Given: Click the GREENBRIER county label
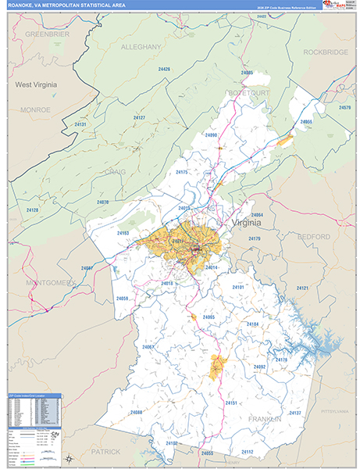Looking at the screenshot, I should [x=48, y=35].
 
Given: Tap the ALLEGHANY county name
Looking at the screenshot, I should [x=142, y=48].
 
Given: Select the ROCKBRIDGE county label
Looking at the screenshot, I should [x=325, y=52].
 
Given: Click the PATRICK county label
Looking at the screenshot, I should [x=104, y=452].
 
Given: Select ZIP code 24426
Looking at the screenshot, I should [x=164, y=70].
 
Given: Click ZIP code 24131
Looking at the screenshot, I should [x=80, y=124].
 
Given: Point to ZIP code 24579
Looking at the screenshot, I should [x=344, y=107].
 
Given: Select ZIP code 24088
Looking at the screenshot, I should [x=137, y=412].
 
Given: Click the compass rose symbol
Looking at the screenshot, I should [x=69, y=459].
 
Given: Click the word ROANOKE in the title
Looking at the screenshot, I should [x=24, y=5].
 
